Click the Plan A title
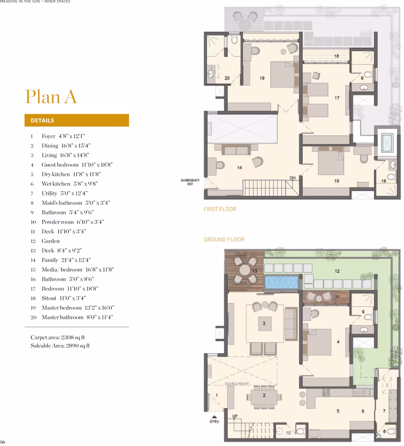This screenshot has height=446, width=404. tap(51, 97)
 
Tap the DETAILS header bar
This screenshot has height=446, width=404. tap(76, 120)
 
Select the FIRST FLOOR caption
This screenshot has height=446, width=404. tap(220, 209)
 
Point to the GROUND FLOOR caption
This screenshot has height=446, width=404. tap(224, 239)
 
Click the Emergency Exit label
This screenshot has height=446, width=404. tap(190, 182)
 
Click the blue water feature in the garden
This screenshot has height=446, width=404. tap(281, 282)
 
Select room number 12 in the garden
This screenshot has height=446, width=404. tap(337, 271)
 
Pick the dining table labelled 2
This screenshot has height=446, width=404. tap(264, 395)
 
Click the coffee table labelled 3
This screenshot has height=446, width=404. tap(264, 323)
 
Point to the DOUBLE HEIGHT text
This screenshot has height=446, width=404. tap(237, 383)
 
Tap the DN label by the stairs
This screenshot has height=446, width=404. tap(292, 178)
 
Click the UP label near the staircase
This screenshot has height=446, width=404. tap(235, 416)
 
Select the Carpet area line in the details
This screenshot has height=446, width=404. tap(58, 337)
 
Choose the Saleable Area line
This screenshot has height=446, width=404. tap(60, 346)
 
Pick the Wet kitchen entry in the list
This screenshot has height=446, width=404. tap(64, 184)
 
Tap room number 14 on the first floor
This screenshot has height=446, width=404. tap(239, 168)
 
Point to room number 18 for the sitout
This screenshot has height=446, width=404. tap(336, 56)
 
